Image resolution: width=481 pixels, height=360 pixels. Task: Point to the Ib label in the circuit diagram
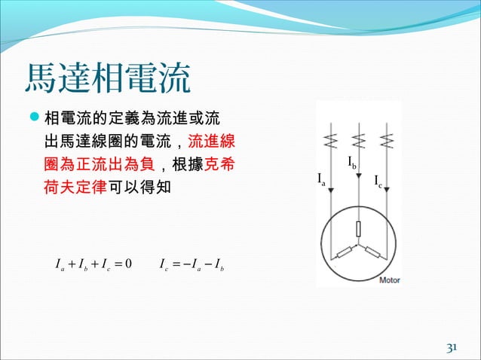coord(352,162)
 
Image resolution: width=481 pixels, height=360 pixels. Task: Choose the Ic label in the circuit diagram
coord(378,182)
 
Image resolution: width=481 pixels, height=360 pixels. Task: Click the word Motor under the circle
coord(389,280)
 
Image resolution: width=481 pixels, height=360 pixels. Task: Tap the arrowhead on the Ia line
coord(331,191)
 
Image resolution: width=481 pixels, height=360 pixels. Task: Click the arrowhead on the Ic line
coord(387,191)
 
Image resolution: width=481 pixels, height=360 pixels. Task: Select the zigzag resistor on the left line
coord(331,141)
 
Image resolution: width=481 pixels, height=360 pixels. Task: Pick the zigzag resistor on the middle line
coord(359,141)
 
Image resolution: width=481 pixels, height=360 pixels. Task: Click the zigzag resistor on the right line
coord(387,141)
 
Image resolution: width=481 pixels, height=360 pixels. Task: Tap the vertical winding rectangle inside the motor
coord(359,229)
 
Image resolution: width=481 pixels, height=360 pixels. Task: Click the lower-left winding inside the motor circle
coord(343,253)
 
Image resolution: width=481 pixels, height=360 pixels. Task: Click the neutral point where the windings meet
coord(359,246)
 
